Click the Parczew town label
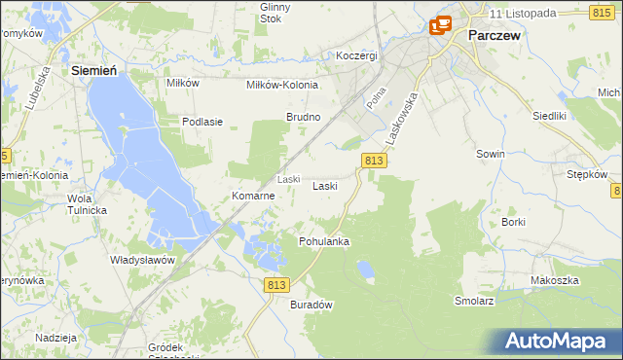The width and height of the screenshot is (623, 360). [496, 34]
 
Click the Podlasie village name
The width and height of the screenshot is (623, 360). [203, 122]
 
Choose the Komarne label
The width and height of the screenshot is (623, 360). [253, 196]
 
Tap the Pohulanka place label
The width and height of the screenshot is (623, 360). [324, 240]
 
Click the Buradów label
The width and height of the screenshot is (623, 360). [312, 305]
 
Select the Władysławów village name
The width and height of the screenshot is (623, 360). [141, 261]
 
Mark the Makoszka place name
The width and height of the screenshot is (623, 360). [555, 280]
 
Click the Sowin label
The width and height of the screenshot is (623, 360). [490, 155]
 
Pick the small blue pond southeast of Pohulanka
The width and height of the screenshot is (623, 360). [365, 268]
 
